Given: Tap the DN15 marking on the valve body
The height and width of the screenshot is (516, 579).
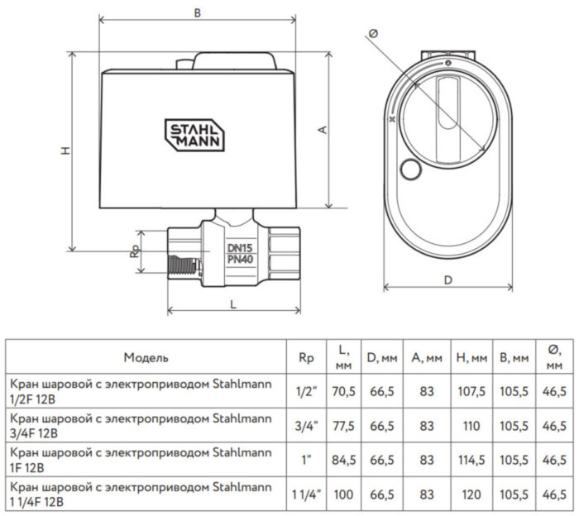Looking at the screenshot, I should [x=240, y=248].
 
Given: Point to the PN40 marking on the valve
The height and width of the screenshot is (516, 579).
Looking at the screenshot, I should [x=240, y=260].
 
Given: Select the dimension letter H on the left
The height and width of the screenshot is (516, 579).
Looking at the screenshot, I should [x=64, y=150].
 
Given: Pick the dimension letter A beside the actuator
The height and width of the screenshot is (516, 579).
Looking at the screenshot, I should [x=323, y=130].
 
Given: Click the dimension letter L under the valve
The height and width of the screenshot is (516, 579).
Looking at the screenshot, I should [x=233, y=303].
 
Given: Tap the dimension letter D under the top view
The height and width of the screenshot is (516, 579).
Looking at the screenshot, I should [x=447, y=279].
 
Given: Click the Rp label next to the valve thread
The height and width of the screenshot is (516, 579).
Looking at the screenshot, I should [x=134, y=251].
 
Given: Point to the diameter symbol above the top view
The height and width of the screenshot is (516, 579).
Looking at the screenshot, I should [x=374, y=33].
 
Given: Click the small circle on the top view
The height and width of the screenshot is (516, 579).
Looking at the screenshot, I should [x=409, y=171].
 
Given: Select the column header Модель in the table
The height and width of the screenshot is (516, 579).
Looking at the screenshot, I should [x=146, y=358].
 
